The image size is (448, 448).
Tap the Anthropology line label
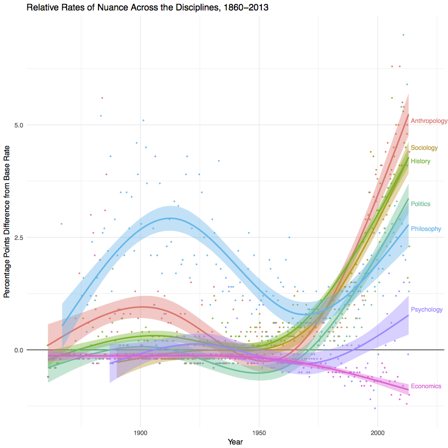(x=429, y=121)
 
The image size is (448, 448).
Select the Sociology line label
(x=424, y=148)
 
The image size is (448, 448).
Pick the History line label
(x=421, y=161)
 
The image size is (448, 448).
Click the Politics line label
(x=421, y=204)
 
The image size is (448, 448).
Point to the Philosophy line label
(x=426, y=229)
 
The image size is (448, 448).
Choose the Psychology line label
(x=427, y=310)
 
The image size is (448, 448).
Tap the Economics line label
(x=426, y=386)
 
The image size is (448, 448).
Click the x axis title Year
(x=235, y=442)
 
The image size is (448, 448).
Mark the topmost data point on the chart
(x=403, y=35)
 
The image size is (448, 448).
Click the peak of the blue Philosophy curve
(x=169, y=218)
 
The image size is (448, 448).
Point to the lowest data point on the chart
(x=375, y=408)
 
